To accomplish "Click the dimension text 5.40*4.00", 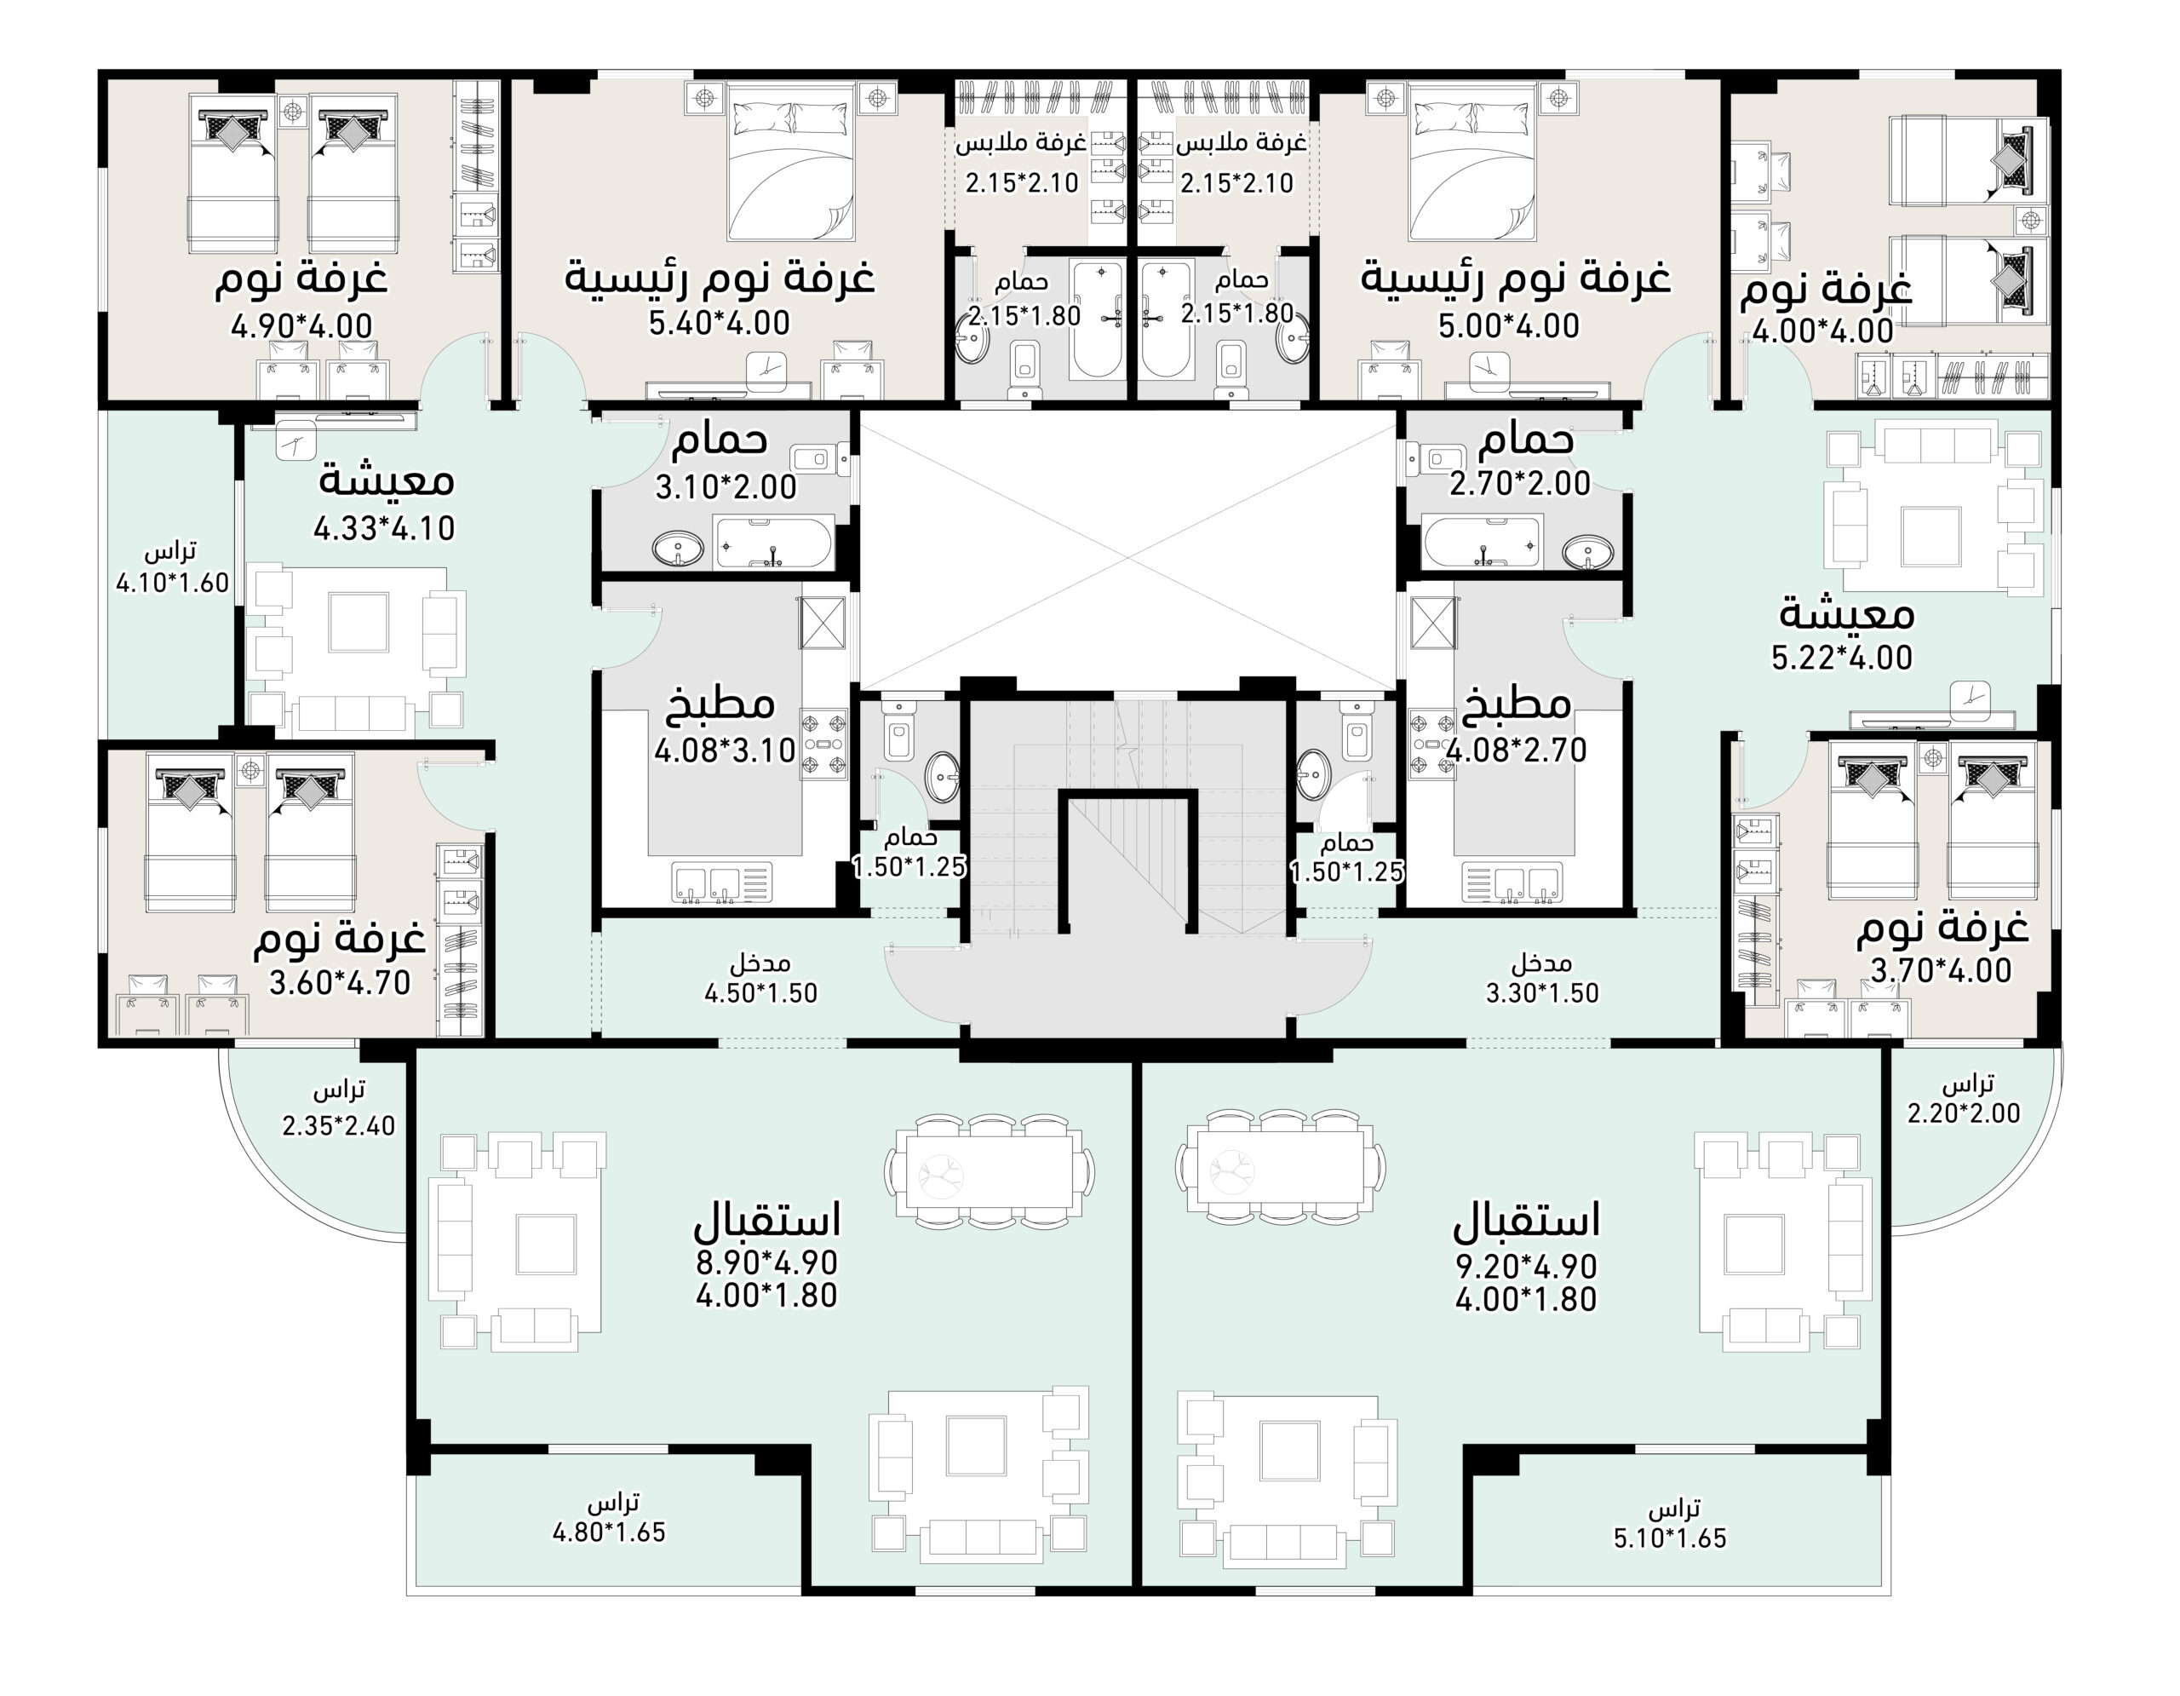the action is (x=719, y=324).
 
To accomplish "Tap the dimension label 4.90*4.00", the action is (x=301, y=326).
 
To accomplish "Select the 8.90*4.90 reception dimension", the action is (x=766, y=1262).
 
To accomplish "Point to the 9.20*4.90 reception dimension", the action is (x=1526, y=1267).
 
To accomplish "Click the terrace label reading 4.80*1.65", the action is (x=609, y=1532).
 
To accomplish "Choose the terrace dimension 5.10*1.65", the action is (x=1670, y=1538).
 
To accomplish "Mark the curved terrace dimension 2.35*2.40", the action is (x=338, y=1126).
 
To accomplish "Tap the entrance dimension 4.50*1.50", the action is (x=760, y=993).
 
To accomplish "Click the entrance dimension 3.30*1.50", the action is (x=1542, y=993).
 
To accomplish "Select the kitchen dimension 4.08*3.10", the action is (x=725, y=750).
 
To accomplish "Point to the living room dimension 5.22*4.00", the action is (x=1842, y=658).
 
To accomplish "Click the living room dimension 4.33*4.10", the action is (x=384, y=528).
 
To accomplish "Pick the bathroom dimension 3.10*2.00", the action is (x=726, y=487).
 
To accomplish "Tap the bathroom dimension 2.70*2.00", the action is (x=1519, y=483).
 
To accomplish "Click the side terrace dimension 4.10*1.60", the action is (x=173, y=583).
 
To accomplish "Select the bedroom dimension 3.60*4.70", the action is (x=340, y=982).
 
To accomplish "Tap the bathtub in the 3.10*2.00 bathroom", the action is (x=773, y=543).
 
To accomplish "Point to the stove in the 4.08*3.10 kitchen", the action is (x=823, y=744).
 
